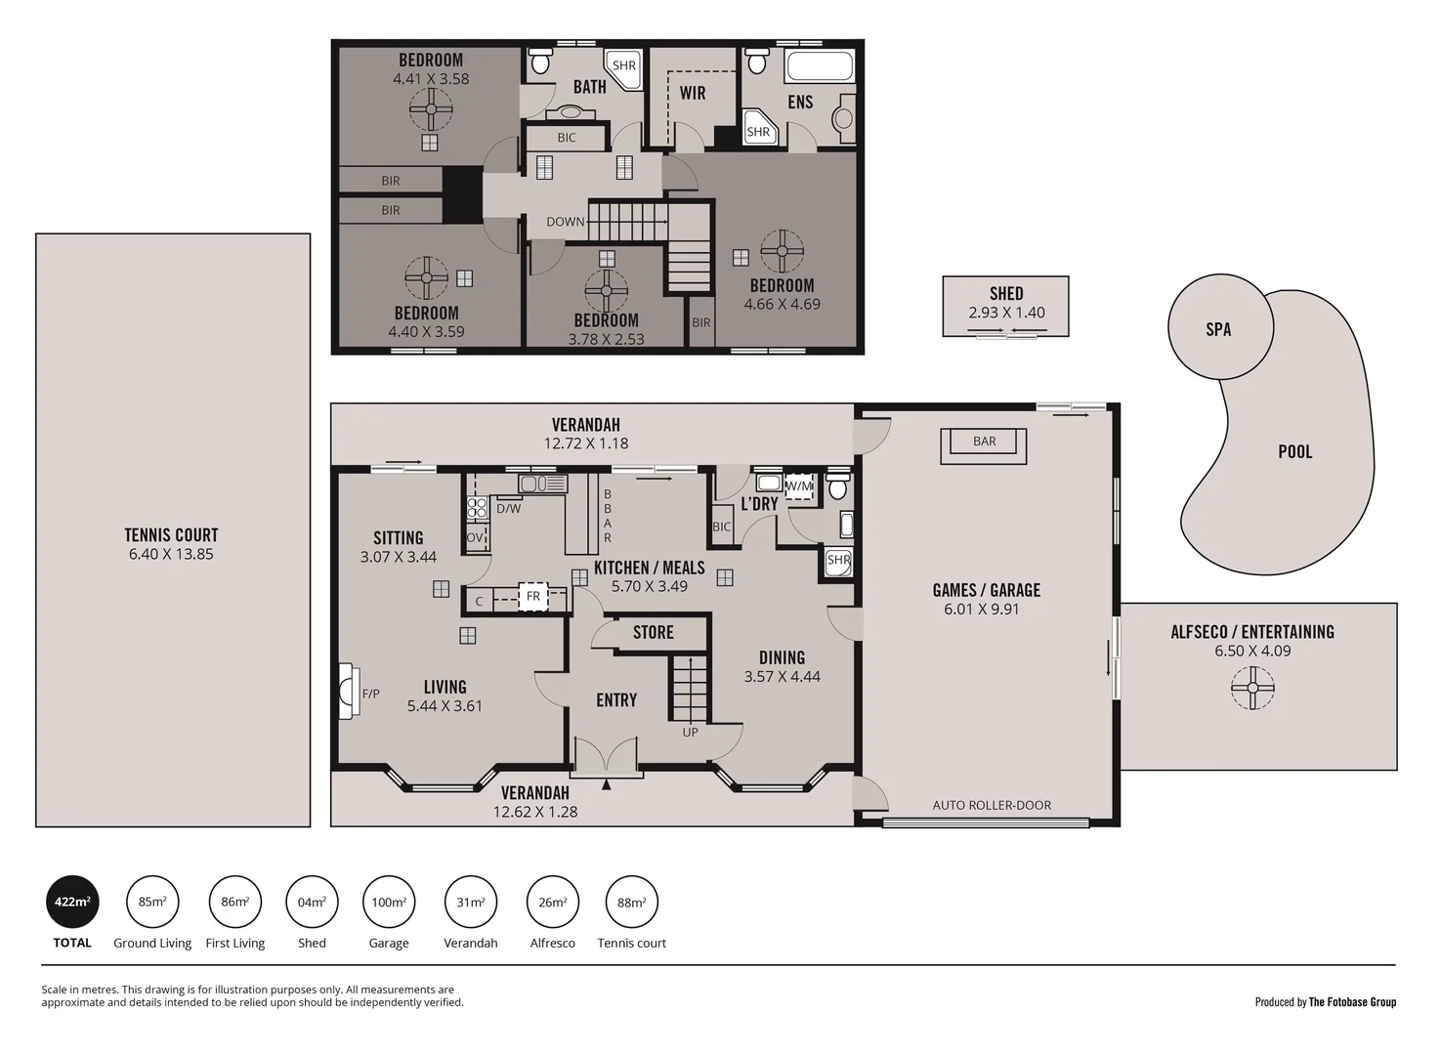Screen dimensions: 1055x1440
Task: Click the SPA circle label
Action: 1218,329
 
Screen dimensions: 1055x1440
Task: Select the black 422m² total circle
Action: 72,902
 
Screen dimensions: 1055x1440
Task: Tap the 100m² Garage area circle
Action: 389,902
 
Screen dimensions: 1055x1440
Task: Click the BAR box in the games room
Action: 984,442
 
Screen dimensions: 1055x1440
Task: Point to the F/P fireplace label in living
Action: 370,694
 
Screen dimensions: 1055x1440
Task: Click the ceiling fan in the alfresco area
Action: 1252,688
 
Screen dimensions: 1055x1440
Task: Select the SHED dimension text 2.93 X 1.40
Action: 1006,313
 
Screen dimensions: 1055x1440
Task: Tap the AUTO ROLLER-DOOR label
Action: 992,805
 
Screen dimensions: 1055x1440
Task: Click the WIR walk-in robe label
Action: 693,93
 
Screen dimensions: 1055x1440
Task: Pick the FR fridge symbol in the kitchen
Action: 532,596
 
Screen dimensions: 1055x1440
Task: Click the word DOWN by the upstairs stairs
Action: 565,222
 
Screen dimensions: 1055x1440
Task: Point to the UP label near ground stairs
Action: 690,732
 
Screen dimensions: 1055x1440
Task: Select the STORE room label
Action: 653,632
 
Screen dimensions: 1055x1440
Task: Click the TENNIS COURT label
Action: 171,534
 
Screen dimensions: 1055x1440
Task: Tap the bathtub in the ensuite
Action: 820,66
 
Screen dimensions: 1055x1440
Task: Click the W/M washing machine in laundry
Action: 799,485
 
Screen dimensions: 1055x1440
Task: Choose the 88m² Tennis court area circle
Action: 631,902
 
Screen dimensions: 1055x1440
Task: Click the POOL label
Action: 1294,451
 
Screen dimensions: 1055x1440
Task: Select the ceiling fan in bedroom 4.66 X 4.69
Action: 782,251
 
